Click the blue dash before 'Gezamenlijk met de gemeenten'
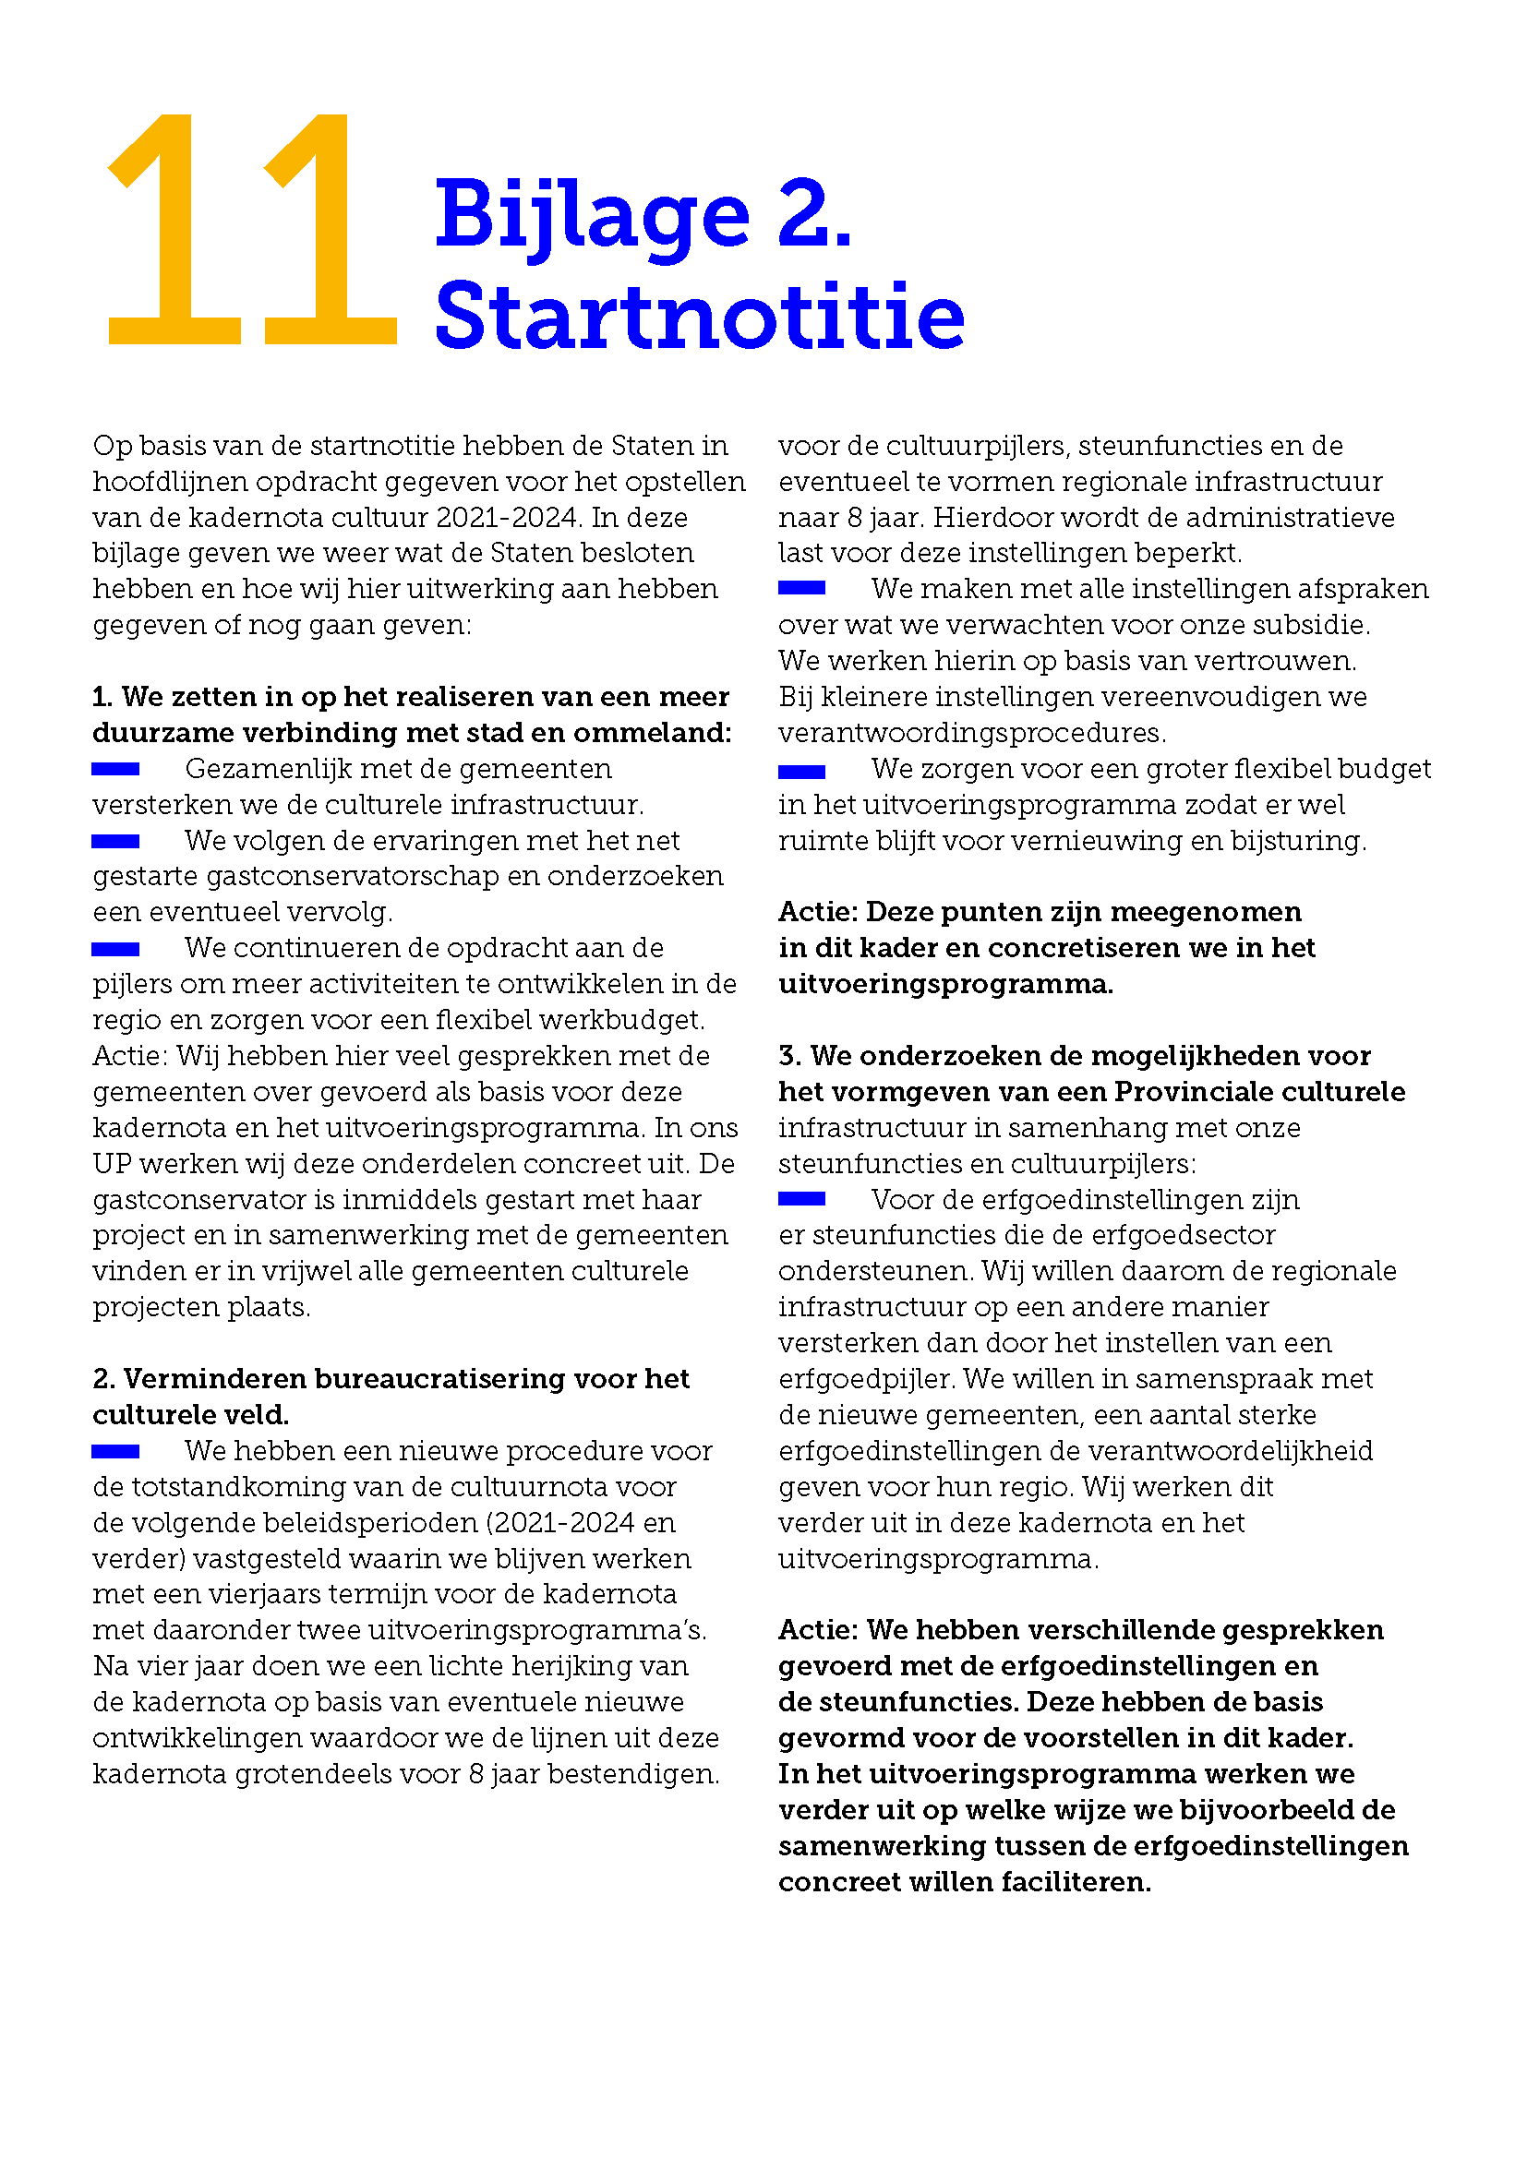point(115,769)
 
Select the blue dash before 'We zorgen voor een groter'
point(801,771)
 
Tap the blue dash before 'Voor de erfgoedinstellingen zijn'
point(801,1199)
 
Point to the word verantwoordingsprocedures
point(970,733)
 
